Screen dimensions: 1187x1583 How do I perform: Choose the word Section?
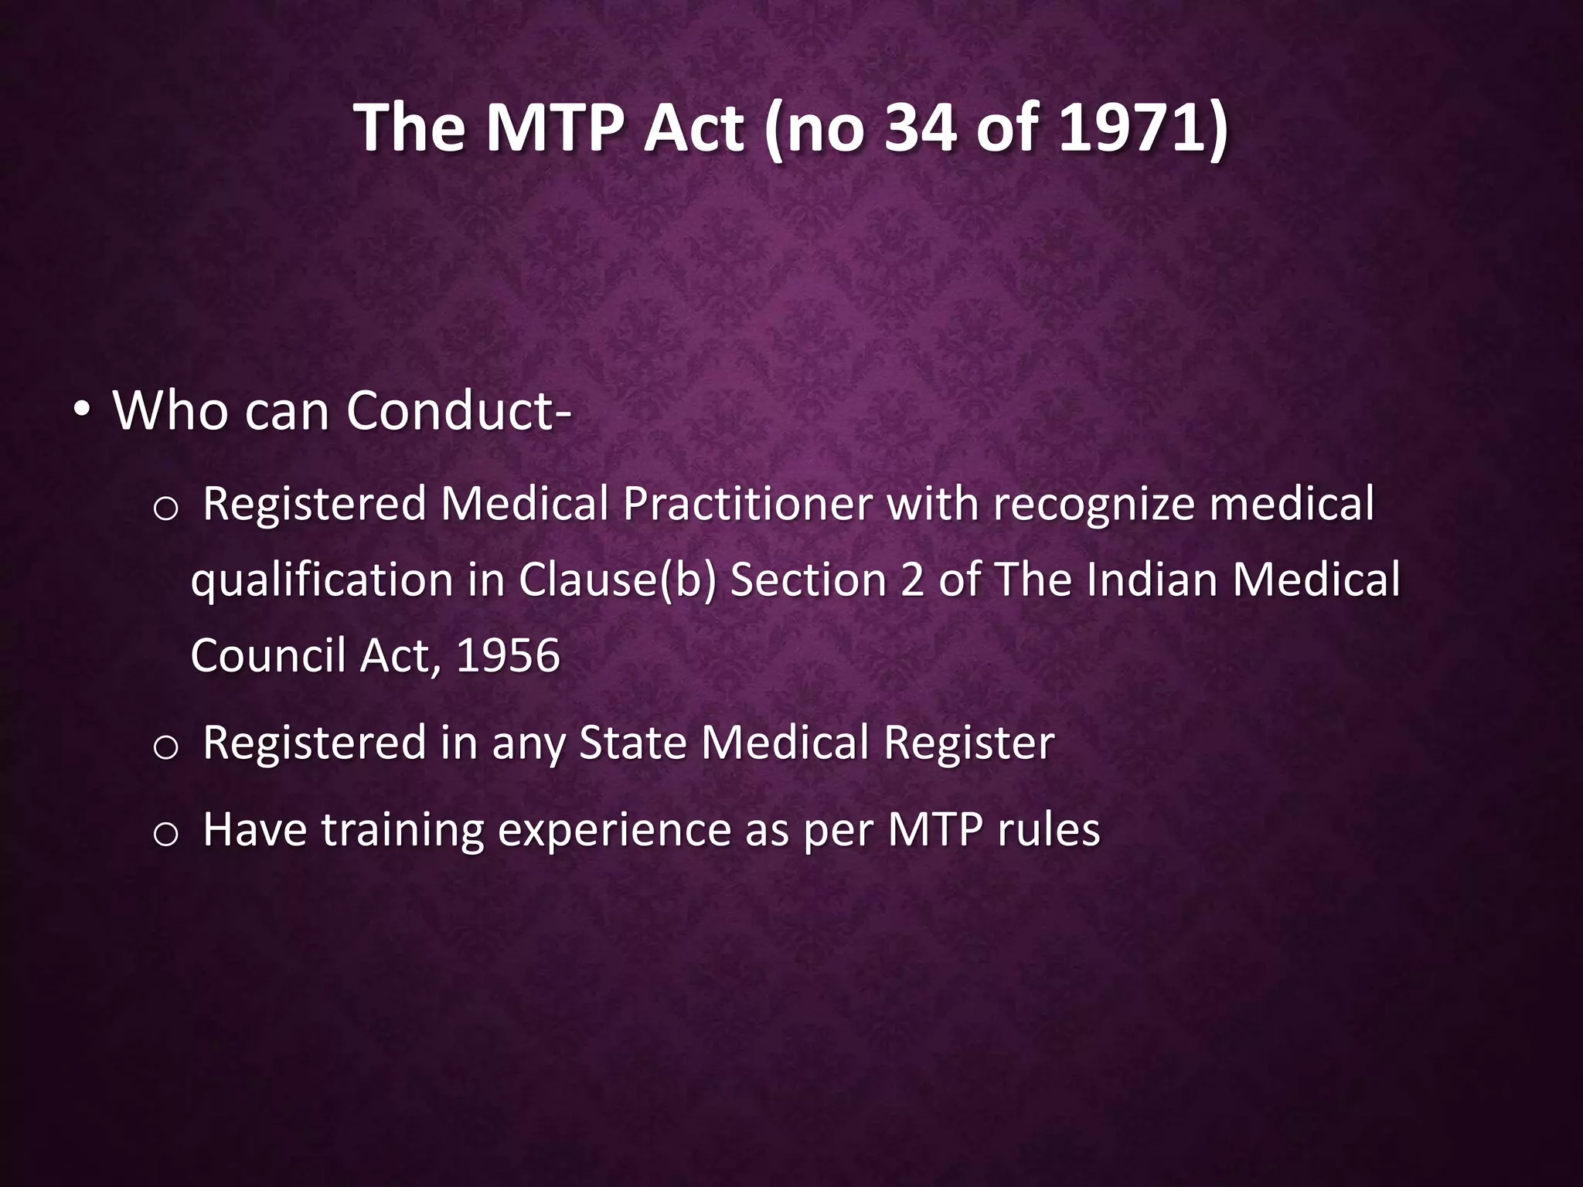(809, 580)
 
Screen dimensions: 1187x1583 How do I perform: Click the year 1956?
(508, 655)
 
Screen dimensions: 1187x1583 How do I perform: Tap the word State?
(633, 743)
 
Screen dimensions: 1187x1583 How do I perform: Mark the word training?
(402, 830)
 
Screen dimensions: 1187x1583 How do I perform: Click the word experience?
(614, 830)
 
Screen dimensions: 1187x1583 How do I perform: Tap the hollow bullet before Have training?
(166, 835)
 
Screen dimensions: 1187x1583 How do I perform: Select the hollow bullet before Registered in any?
(166, 747)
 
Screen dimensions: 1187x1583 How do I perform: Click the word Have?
(255, 830)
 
